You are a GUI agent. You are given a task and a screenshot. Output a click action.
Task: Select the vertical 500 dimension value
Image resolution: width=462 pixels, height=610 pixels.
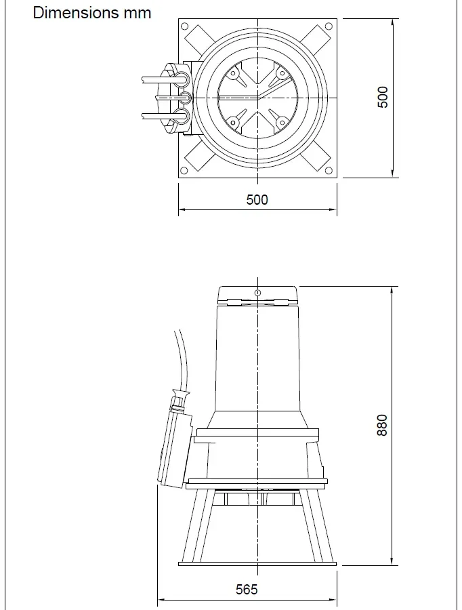[383, 98]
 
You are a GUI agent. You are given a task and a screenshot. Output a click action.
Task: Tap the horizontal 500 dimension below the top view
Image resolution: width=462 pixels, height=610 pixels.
[257, 199]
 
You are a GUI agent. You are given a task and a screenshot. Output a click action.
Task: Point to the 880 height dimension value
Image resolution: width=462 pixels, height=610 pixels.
[383, 425]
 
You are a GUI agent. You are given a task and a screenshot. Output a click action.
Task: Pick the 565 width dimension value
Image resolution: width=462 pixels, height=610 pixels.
[247, 589]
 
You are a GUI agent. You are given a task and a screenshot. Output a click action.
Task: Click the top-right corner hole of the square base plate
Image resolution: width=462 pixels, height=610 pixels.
[329, 27]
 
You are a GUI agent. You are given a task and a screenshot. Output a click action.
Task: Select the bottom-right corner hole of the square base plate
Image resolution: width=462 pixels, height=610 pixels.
[329, 169]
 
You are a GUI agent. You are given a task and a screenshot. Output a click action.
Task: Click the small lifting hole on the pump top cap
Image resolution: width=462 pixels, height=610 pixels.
[257, 293]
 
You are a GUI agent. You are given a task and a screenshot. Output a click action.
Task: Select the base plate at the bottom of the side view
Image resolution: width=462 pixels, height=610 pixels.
[257, 563]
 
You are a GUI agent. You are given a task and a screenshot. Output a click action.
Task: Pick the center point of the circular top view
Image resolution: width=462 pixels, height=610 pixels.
[257, 98]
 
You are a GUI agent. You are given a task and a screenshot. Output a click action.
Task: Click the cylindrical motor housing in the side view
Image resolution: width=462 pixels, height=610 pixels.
[257, 359]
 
